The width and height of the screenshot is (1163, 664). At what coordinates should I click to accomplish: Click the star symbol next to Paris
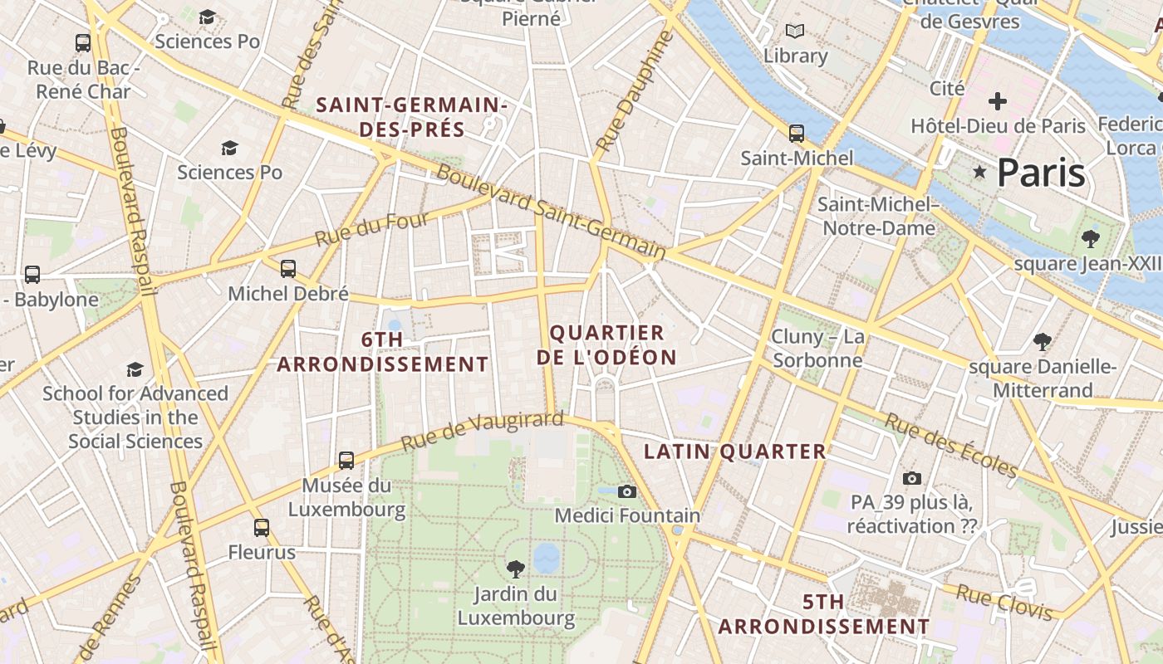980,173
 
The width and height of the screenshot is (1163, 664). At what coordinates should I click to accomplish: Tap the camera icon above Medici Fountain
627,491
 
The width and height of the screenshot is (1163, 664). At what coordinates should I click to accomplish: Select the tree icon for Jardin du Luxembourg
516,569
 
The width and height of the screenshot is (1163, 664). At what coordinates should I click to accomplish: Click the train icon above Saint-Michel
796,133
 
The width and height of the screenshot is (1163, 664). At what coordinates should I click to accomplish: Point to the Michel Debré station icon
288,268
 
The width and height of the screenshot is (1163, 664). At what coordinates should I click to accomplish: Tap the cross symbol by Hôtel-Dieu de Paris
998,101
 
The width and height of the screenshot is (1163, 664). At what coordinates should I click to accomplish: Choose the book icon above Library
795,32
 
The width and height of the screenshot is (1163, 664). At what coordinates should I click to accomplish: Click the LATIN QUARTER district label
735,452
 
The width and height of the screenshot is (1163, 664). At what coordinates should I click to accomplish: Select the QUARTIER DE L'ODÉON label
606,345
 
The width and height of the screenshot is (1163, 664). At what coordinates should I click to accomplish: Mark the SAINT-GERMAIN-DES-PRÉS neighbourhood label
412,117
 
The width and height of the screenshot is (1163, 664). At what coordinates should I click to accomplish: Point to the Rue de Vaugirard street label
482,432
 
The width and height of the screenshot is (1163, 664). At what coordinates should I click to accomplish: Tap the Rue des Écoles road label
950,446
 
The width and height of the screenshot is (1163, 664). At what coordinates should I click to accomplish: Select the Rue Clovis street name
1004,603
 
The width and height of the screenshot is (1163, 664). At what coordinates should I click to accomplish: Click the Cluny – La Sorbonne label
817,349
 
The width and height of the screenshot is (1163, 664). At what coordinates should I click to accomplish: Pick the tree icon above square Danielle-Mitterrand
1043,341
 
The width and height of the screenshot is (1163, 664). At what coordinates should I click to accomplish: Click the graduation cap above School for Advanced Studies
135,369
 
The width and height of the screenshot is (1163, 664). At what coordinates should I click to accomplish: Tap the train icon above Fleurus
262,527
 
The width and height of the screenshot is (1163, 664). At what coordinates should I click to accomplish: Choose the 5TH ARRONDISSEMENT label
823,614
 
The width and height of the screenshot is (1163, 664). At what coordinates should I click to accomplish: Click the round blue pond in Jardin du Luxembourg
547,558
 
